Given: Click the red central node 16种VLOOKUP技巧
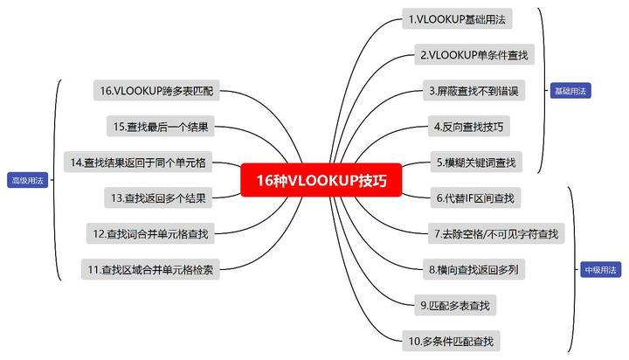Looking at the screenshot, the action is [x=321, y=180].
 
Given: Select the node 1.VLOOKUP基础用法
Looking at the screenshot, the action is [x=457, y=19].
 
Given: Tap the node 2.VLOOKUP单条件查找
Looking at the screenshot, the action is [x=474, y=54].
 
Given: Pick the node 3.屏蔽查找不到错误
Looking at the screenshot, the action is [x=473, y=91].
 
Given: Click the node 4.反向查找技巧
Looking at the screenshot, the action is [x=468, y=127].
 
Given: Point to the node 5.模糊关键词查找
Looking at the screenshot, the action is [x=476, y=163].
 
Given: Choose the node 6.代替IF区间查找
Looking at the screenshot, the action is [x=475, y=197].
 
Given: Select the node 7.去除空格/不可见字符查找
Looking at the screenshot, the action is [x=496, y=233].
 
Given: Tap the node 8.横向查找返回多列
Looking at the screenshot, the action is [x=473, y=269].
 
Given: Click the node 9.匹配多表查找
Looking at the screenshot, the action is [x=455, y=305].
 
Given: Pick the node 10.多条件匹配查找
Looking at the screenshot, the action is [x=451, y=341].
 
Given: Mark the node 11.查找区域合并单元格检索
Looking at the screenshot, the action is [x=150, y=269].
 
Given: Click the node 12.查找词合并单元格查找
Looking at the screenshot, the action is [x=150, y=233].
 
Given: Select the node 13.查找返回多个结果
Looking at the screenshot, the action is [x=158, y=197].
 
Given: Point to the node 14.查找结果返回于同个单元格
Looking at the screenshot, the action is [x=138, y=163].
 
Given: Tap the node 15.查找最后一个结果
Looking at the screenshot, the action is [x=161, y=127].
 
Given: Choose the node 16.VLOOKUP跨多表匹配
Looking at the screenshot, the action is [x=156, y=91].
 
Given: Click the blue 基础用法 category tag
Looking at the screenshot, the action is [x=570, y=91].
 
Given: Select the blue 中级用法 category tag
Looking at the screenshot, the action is [x=600, y=270].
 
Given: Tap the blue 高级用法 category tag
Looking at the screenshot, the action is [x=28, y=180].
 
